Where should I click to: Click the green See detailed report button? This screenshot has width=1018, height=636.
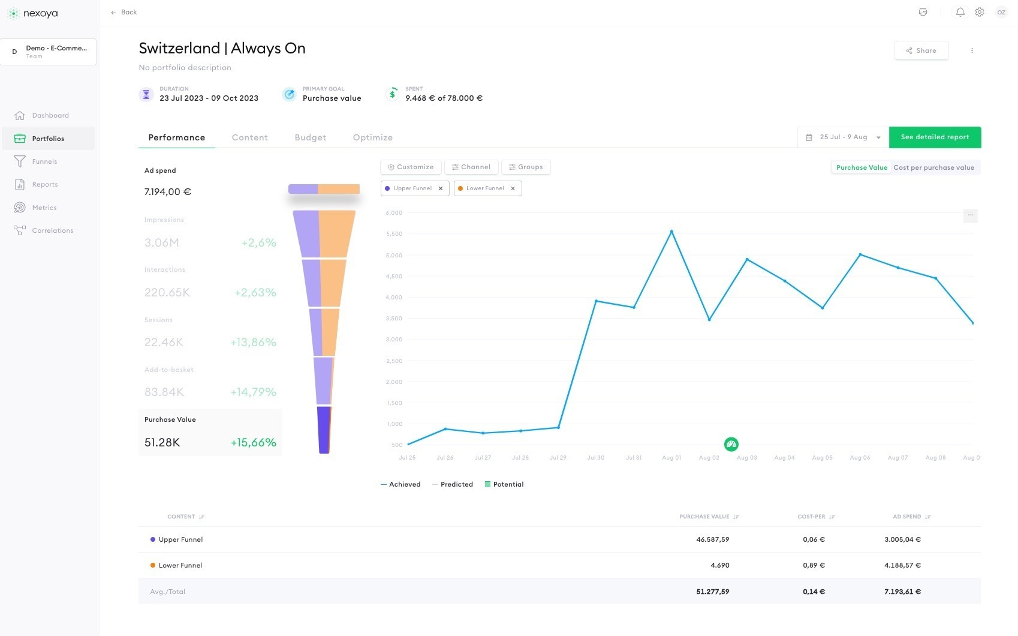coord(935,137)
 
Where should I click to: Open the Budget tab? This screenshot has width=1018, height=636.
coord(310,137)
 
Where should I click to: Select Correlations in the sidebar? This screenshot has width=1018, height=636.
coord(52,230)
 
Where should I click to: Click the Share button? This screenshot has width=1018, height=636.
coord(921,50)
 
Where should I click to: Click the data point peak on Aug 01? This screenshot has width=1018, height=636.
coord(671,232)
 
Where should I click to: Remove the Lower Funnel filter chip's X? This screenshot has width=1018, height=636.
coord(513,188)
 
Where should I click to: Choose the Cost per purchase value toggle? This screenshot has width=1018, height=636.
coord(933,167)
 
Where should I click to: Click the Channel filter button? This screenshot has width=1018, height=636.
coord(471,167)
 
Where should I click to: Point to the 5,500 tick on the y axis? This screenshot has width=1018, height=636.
coord(394,234)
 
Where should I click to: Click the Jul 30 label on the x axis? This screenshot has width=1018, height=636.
coord(596,458)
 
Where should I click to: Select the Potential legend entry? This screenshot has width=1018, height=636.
coord(504,484)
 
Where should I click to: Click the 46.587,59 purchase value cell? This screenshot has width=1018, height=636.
coord(712,539)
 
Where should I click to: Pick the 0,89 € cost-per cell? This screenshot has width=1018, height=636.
coord(814,565)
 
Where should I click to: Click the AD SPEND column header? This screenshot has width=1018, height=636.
coord(907,517)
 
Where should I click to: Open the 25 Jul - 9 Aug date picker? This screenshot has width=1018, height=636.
coord(843,137)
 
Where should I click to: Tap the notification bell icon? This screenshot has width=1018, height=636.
coord(960,12)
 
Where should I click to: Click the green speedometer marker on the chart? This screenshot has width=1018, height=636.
coord(731,445)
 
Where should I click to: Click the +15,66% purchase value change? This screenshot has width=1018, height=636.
coord(253,442)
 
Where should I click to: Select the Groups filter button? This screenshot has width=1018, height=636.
coord(526,167)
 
